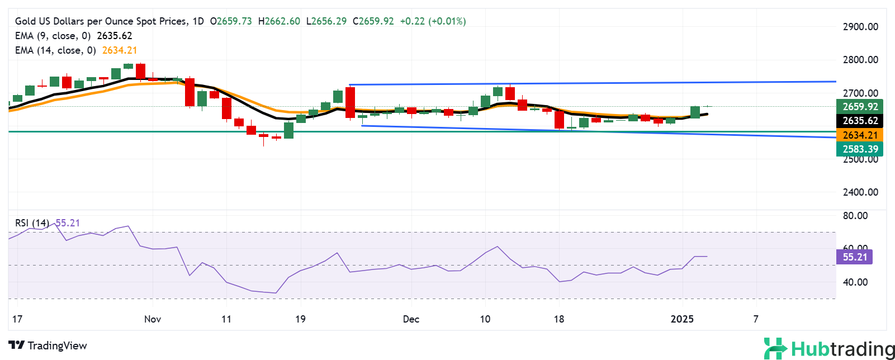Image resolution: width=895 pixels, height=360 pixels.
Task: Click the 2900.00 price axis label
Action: click(x=860, y=27)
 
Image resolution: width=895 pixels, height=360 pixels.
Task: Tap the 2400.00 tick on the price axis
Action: click(x=860, y=192)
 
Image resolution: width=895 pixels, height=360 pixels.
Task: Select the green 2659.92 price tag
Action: click(x=860, y=107)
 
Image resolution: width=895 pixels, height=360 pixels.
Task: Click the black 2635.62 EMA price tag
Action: click(x=860, y=121)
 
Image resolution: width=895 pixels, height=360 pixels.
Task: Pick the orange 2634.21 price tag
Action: click(x=860, y=135)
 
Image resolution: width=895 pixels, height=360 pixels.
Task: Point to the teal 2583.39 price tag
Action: click(x=860, y=149)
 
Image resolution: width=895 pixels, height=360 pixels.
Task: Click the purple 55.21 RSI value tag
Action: click(x=854, y=257)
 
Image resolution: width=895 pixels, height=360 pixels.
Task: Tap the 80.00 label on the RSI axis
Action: click(x=855, y=216)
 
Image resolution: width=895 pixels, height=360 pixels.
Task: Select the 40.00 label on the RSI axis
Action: click(x=855, y=282)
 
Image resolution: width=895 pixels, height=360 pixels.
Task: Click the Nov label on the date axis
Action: click(x=153, y=319)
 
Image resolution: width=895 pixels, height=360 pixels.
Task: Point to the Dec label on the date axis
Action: click(x=411, y=319)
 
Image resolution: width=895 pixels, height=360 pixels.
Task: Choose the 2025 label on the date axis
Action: click(x=682, y=319)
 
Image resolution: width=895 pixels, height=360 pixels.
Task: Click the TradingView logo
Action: click(x=48, y=345)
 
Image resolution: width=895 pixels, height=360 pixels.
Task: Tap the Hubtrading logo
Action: click(x=829, y=349)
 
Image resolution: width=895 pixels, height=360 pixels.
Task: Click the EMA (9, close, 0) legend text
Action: click(x=53, y=36)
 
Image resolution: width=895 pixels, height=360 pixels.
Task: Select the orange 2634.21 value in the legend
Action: click(x=119, y=50)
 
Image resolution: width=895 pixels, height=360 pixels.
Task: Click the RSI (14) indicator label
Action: click(x=32, y=223)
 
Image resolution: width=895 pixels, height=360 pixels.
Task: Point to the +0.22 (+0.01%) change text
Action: click(x=433, y=21)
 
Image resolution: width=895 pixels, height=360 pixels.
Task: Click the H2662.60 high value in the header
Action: click(x=279, y=21)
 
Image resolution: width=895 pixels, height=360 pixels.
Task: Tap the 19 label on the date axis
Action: click(x=300, y=319)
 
